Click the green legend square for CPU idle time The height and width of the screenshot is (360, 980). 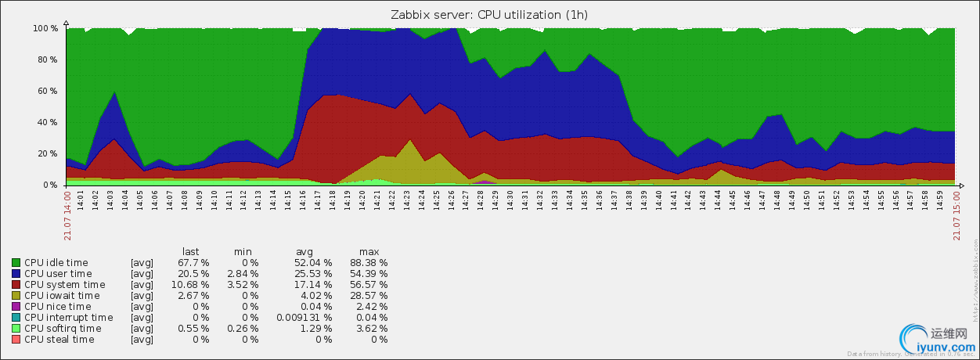[16, 263]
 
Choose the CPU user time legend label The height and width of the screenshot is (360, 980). [58, 274]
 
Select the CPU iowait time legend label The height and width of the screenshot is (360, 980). [62, 296]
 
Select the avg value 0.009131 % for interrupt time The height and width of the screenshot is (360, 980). [304, 318]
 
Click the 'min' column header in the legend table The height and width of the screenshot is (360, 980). [243, 251]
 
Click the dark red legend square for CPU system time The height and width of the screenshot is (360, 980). [16, 285]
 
